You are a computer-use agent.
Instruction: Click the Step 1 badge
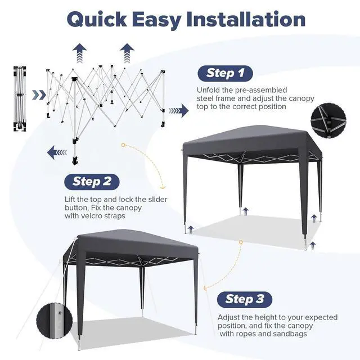[x=225, y=74]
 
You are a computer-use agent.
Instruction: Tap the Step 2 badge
[x=92, y=182]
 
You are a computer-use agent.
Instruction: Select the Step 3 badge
[x=245, y=299]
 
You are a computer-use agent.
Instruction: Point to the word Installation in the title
[x=246, y=19]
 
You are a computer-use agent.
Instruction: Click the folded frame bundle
[x=20, y=99]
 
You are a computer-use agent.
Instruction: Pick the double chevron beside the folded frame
[x=39, y=95]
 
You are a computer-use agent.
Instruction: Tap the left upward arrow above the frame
[x=79, y=53]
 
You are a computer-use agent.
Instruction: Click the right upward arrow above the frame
[x=127, y=53]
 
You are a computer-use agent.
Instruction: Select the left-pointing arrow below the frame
[x=57, y=152]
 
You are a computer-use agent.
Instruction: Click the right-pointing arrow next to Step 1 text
[x=179, y=111]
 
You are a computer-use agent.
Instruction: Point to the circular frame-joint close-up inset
[x=328, y=121]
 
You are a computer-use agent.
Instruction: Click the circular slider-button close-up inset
[x=55, y=320]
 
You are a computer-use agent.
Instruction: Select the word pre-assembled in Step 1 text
[x=261, y=90]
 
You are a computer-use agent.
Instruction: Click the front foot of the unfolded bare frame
[x=75, y=161]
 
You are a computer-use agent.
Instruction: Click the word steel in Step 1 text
[x=205, y=98]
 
